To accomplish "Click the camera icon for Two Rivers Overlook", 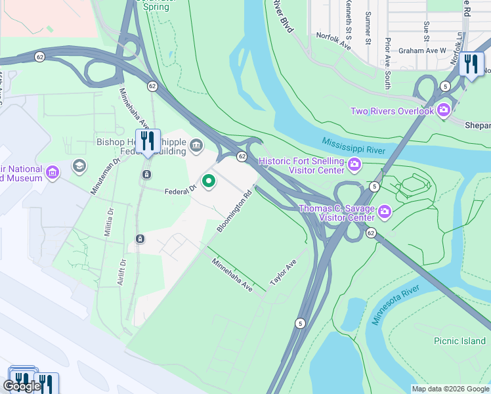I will click(x=444, y=110).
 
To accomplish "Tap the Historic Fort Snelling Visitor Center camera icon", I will click(x=355, y=164).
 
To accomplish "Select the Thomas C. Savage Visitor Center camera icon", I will click(x=385, y=211).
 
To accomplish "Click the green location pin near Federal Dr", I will click(x=209, y=181).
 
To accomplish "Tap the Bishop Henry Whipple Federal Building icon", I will click(x=196, y=144).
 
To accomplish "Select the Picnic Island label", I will click(x=459, y=341).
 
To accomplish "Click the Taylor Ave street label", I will click(x=284, y=274).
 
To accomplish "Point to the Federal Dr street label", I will click(x=180, y=190).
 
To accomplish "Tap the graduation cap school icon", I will click(x=79, y=165).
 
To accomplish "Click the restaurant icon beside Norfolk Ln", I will click(x=471, y=64).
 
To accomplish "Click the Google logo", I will click(x=22, y=386).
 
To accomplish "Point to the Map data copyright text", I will click(x=450, y=389).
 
